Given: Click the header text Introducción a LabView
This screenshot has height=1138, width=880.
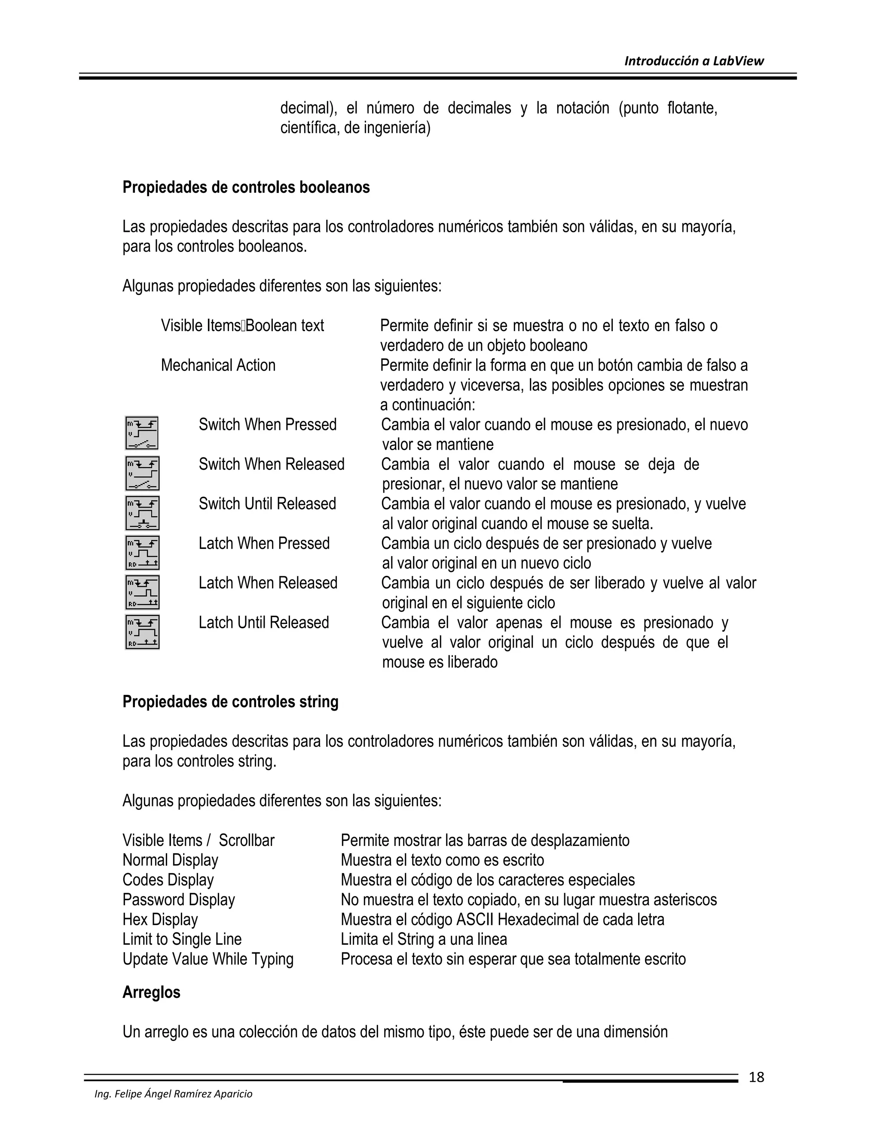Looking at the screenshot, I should [x=694, y=61].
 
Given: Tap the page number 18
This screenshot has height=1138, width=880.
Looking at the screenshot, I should [x=756, y=1077].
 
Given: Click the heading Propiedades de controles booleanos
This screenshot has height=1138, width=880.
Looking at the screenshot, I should [x=246, y=188].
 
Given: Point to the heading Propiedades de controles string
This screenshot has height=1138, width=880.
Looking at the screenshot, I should [x=230, y=702].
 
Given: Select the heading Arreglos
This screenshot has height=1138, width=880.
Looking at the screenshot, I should [x=151, y=992].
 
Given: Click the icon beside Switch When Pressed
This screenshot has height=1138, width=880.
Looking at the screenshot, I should [x=142, y=433].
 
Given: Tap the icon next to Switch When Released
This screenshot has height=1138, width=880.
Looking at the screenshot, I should [x=142, y=473].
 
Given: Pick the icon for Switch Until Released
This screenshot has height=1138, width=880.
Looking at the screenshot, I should [x=142, y=513].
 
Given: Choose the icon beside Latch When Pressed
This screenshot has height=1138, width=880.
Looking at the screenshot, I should [x=142, y=552].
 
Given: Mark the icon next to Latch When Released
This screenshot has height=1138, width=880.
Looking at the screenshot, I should [x=142, y=592].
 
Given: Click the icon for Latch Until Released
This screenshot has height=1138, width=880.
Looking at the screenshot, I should [x=142, y=632].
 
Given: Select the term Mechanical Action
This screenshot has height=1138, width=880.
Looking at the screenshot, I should [x=218, y=365].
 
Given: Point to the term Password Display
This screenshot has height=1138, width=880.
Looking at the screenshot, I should [x=179, y=899].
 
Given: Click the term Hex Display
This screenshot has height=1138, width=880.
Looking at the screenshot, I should [x=160, y=919].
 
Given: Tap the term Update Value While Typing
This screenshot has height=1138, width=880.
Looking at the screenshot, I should [x=208, y=959].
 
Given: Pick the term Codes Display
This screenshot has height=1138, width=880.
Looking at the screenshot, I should [x=168, y=879].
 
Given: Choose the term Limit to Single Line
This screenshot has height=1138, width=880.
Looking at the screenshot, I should [x=182, y=939].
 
